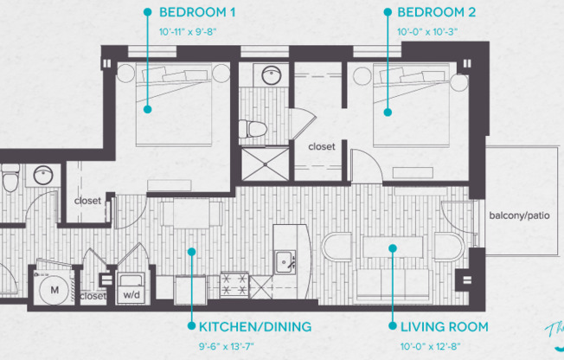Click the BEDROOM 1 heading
click(x=197, y=12)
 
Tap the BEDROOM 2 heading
click(x=436, y=12)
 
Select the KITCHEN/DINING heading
click(x=255, y=327)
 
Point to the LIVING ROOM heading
click(x=445, y=327)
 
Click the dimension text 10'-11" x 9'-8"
click(x=188, y=32)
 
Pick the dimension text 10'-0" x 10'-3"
click(x=427, y=32)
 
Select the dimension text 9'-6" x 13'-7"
click(x=227, y=347)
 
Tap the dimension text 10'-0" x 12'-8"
click(x=430, y=347)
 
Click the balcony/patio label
click(x=519, y=215)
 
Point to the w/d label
click(x=131, y=295)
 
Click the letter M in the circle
click(x=54, y=290)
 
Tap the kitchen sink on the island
click(x=285, y=262)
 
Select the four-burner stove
click(x=234, y=285)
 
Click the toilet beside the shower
click(x=253, y=129)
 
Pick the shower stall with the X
click(x=265, y=164)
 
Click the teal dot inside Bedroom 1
click(x=147, y=109)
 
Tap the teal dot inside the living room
click(x=393, y=248)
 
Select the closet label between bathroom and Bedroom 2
click(x=322, y=146)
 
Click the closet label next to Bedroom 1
click(x=87, y=201)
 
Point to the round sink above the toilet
click(x=272, y=75)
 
